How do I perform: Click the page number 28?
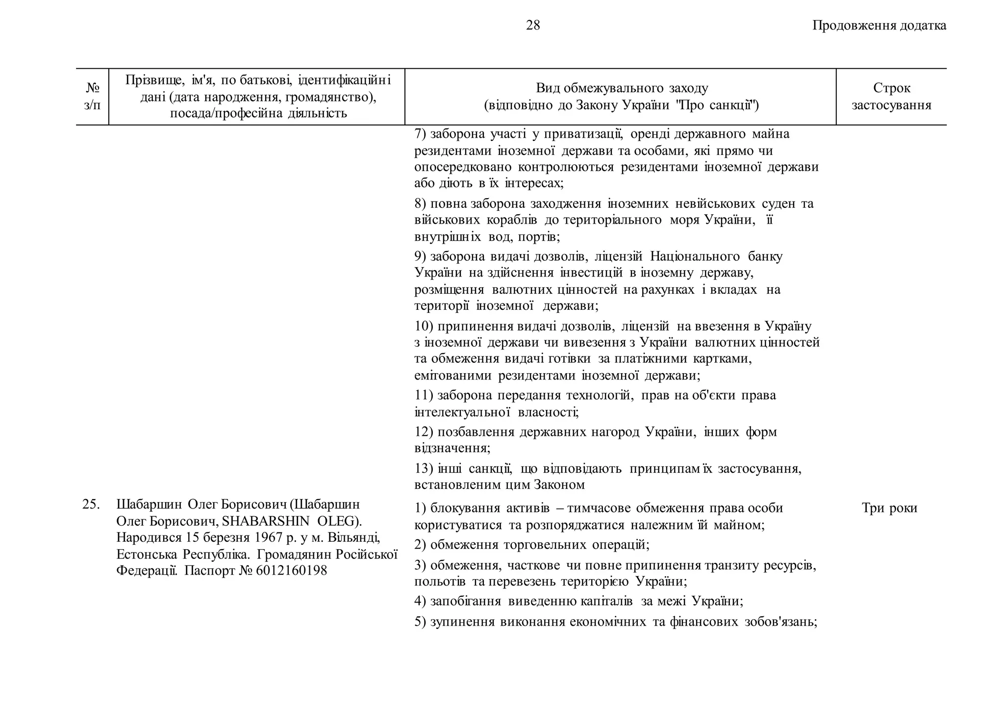532,25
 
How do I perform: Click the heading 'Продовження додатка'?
879,25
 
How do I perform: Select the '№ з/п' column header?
92,97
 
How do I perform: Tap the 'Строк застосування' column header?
891,97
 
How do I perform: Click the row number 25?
91,504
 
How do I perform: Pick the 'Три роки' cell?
889,508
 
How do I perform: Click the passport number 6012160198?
291,571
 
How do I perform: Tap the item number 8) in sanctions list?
420,203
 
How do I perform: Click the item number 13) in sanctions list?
424,469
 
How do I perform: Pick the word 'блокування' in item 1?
465,508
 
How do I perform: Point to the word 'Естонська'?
146,554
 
